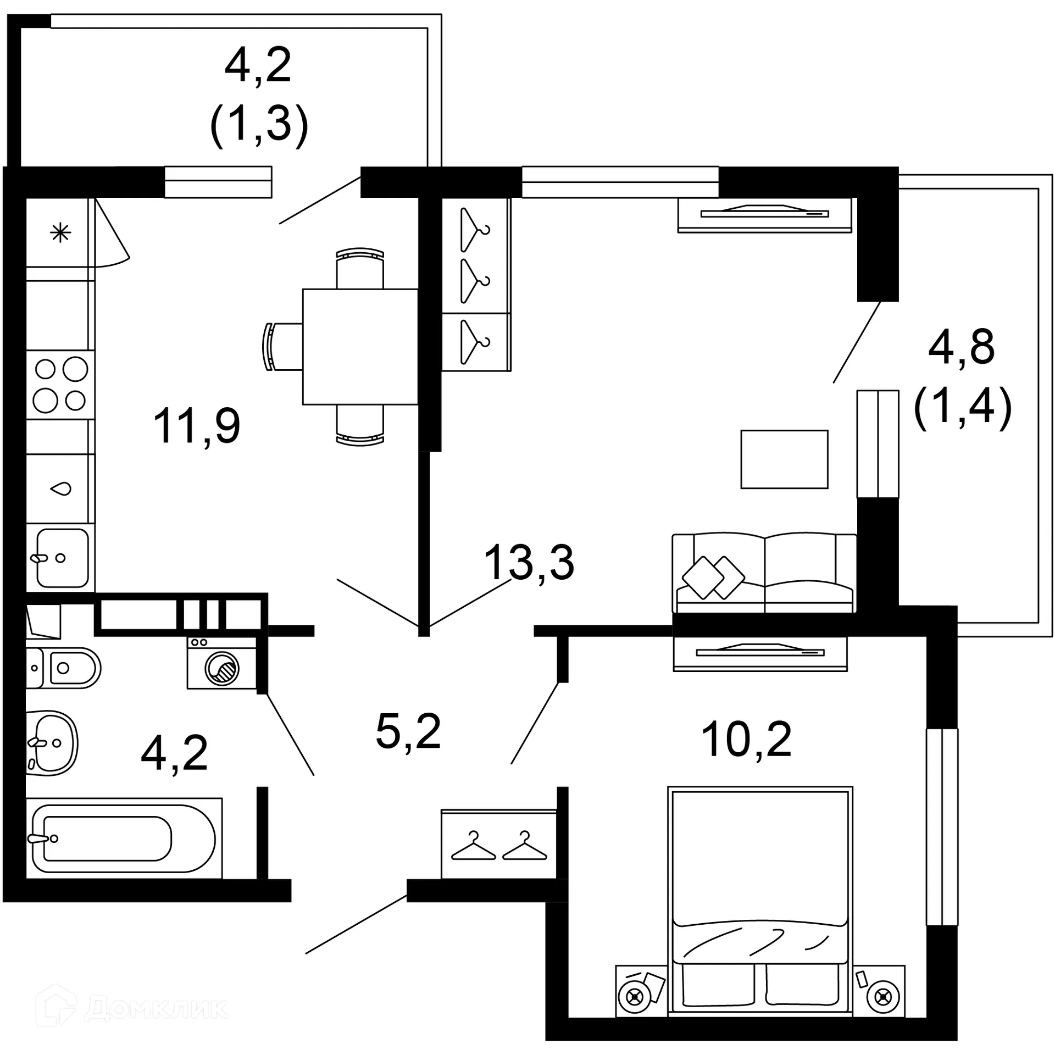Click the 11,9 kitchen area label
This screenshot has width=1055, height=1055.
click(x=197, y=426)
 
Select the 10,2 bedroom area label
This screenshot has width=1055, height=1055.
click(x=746, y=739)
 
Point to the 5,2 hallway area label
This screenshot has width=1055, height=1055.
click(x=408, y=731)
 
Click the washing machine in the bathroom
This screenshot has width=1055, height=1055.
click(x=222, y=663)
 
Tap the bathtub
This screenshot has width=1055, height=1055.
click(x=124, y=838)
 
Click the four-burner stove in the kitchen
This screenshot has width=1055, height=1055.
click(x=60, y=385)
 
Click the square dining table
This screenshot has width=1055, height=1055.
click(x=360, y=347)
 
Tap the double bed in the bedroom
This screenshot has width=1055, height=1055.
click(x=760, y=901)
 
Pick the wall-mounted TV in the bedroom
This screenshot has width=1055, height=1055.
click(x=760, y=653)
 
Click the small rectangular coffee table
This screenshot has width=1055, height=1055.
click(x=784, y=459)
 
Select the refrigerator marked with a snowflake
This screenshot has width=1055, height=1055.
click(x=60, y=233)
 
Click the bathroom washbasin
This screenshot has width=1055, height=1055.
click(x=51, y=743)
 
